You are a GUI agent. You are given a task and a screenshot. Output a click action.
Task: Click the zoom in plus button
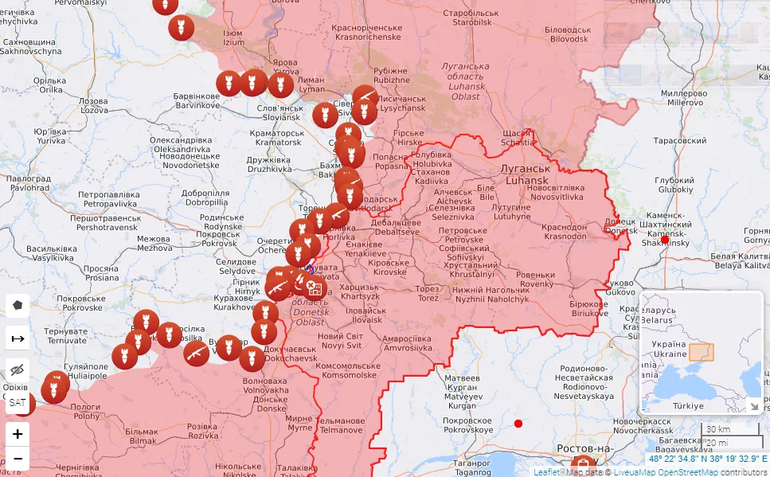(18, 435)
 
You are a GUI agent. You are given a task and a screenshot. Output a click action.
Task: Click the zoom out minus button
(18, 459)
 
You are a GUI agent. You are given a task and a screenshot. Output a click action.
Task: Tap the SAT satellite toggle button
(18, 403)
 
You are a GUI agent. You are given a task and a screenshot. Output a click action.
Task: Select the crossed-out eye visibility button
(18, 370)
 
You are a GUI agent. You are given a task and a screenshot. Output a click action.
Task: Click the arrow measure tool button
(18, 338)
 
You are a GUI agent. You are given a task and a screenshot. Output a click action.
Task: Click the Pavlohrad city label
(29, 184)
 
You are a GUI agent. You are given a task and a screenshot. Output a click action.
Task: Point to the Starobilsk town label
(471, 40)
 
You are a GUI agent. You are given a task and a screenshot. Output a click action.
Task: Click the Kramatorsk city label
(276, 137)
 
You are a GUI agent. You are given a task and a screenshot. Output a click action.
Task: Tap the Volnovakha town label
(264, 385)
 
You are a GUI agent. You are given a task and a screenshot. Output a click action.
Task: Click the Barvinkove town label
(197, 100)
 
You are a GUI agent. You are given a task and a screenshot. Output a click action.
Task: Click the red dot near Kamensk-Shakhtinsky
(665, 239)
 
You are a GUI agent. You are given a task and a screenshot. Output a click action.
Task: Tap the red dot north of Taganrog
(518, 423)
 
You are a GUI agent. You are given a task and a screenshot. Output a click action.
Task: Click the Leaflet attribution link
(546, 471)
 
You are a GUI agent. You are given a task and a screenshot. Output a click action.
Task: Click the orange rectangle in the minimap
(702, 352)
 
